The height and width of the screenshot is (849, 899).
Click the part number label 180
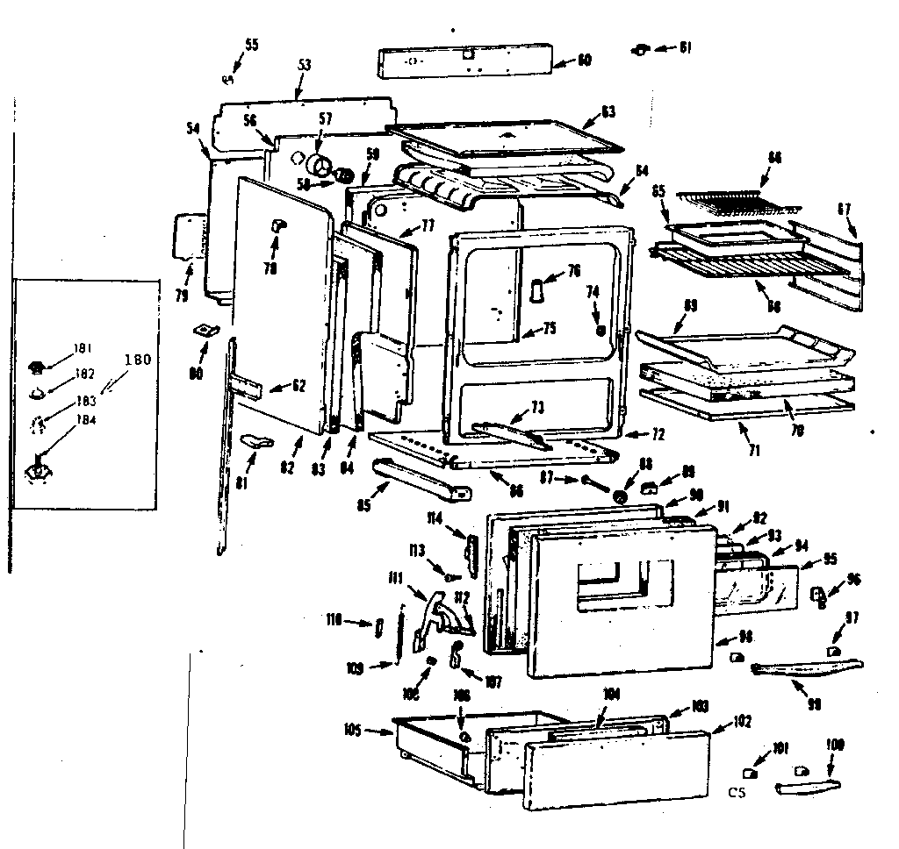pyautogui.click(x=138, y=359)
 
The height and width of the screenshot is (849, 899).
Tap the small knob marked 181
pyautogui.click(x=38, y=364)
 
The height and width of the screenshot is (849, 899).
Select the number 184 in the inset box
pyautogui.click(x=86, y=418)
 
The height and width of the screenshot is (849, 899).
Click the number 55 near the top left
pyautogui.click(x=251, y=45)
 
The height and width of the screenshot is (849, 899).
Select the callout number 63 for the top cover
pyautogui.click(x=608, y=111)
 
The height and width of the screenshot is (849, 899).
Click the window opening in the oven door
pyautogui.click(x=610, y=583)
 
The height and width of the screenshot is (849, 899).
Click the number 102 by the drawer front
pyautogui.click(x=743, y=723)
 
